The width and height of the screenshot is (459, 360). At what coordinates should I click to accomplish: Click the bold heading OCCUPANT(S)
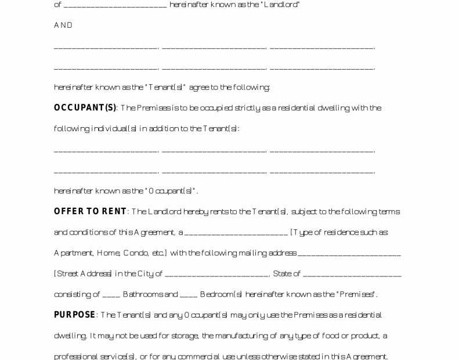[x=85, y=107]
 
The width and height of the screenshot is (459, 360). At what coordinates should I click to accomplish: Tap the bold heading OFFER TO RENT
[x=90, y=211]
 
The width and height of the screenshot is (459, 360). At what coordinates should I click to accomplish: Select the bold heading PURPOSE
[x=74, y=315]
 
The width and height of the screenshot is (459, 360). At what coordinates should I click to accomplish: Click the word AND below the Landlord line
[x=63, y=26]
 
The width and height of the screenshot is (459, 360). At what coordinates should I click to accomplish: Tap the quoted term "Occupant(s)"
[x=174, y=191]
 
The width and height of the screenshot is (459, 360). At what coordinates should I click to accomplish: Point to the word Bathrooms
[x=142, y=294]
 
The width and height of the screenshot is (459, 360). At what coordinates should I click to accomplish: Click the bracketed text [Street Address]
[x=83, y=273]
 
